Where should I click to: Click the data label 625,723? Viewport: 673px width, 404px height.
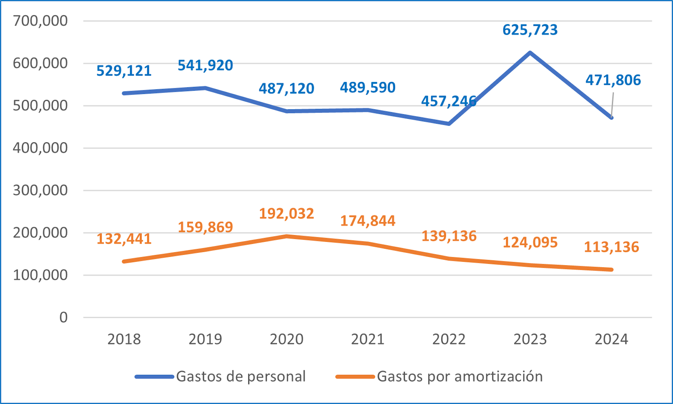click(x=530, y=30)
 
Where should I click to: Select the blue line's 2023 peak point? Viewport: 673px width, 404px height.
click(x=530, y=53)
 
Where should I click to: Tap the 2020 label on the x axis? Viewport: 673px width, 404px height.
click(x=286, y=339)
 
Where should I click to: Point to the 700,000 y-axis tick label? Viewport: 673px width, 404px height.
click(x=40, y=21)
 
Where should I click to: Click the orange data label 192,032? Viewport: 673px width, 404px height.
click(x=286, y=214)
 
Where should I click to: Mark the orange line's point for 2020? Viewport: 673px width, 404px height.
click(x=286, y=236)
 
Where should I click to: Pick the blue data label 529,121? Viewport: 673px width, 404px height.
click(x=124, y=71)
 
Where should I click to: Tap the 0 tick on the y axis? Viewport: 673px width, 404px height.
click(x=63, y=317)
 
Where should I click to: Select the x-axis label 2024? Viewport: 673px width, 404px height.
click(x=611, y=339)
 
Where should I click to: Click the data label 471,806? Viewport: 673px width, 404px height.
click(x=613, y=80)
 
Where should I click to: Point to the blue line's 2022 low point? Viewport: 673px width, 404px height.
click(x=449, y=124)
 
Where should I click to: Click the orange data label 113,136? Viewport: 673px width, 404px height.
click(x=611, y=247)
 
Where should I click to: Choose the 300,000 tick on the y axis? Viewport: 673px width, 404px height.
click(x=40, y=190)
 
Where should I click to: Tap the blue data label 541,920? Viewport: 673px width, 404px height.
click(x=205, y=66)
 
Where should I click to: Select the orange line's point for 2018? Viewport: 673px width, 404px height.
click(x=124, y=261)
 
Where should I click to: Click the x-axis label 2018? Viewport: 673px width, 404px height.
click(x=124, y=339)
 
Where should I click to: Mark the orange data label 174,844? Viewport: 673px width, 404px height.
click(x=368, y=221)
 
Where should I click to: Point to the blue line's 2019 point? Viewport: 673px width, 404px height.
click(x=205, y=88)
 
